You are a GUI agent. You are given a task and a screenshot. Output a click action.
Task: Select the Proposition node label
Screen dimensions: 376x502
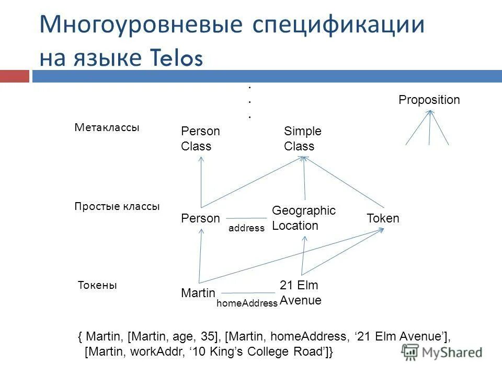coord(429,100)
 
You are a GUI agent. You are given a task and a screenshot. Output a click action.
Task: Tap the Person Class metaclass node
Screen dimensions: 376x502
coord(200,139)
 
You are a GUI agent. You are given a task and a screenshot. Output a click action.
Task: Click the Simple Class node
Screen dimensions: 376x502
coord(302,139)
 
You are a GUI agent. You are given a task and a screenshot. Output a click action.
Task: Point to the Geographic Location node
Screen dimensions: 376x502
coord(303,218)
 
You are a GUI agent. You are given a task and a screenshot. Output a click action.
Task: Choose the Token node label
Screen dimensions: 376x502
coord(383,218)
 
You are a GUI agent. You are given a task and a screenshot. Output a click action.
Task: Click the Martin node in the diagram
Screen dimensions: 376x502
coord(198,293)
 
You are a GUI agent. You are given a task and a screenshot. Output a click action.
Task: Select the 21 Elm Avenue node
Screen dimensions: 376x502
coord(300,293)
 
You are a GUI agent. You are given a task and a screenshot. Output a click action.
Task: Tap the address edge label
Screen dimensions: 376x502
coord(247,228)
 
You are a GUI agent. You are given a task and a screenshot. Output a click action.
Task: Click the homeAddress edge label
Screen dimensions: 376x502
coord(247,303)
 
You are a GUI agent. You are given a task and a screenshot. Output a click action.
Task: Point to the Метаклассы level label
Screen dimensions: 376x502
coord(107,128)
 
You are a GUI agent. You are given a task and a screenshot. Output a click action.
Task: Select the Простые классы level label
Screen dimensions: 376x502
coord(117,206)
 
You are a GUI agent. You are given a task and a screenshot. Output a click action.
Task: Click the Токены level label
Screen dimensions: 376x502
coord(97,286)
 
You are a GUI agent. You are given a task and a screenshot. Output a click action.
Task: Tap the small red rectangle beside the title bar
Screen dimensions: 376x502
coord(14,76)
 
